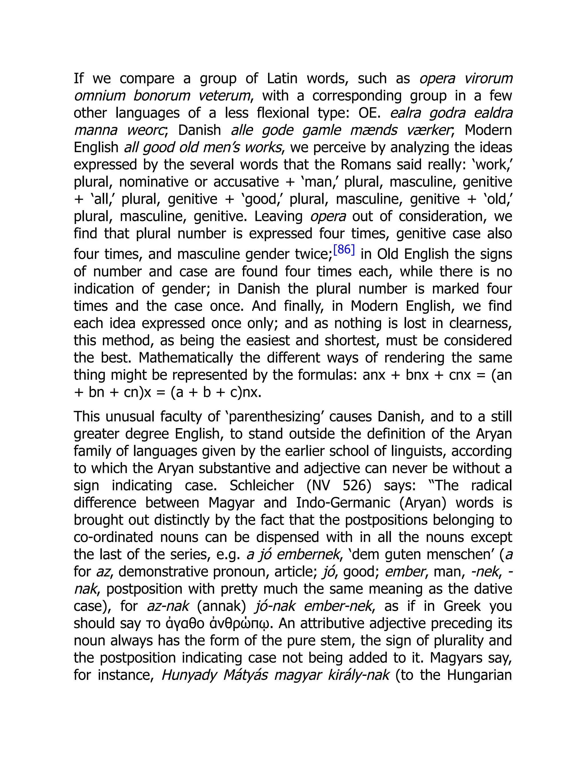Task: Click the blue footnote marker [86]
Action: [x=344, y=250]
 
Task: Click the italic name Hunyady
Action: [x=189, y=675]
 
